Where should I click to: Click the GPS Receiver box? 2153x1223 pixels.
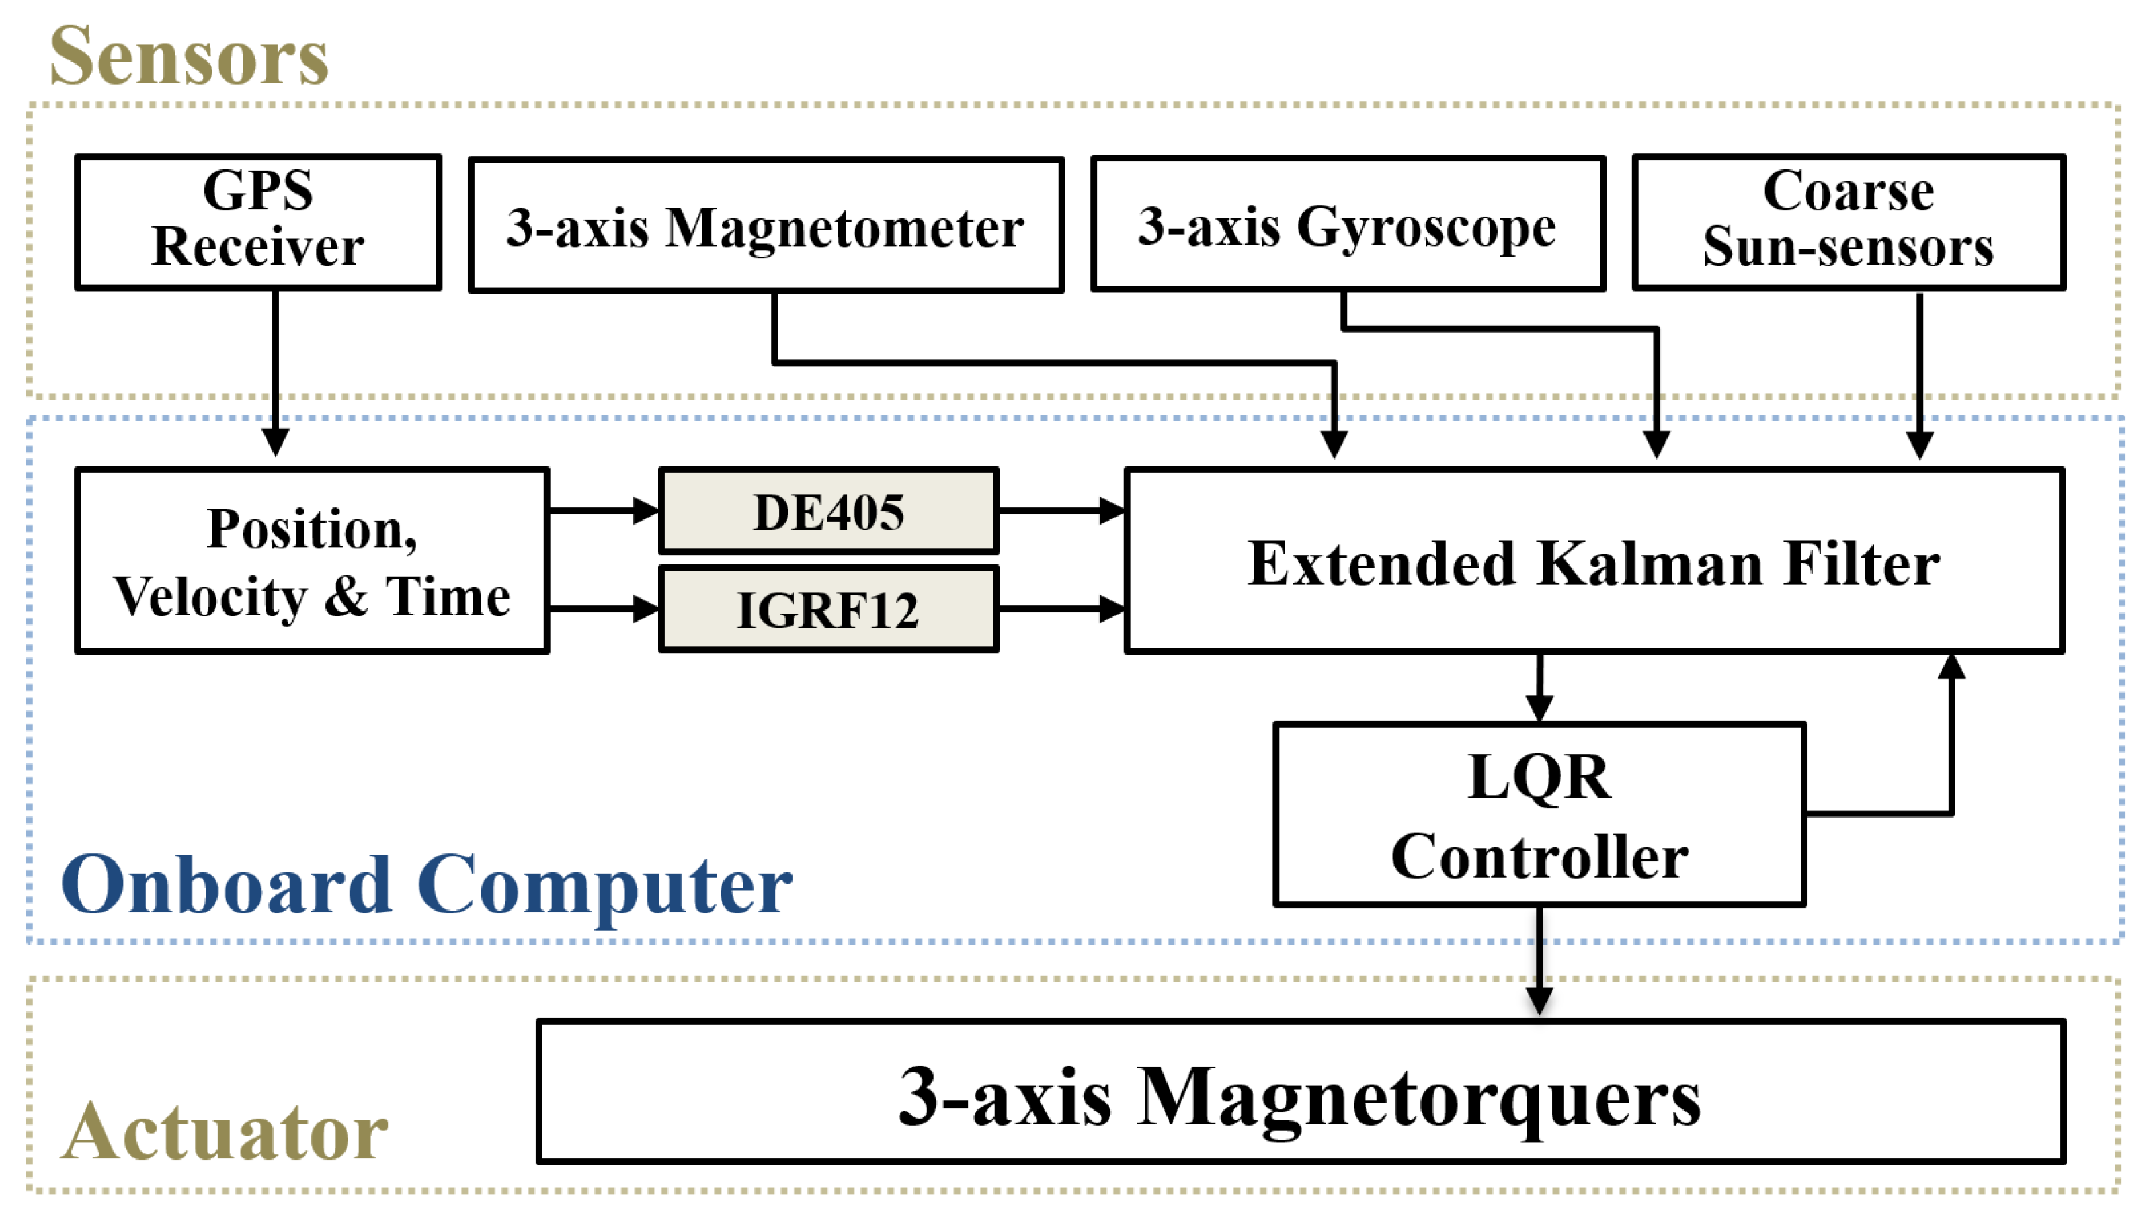258,222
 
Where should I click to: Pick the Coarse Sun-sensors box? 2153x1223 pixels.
1847,222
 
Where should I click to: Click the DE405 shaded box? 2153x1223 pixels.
828,511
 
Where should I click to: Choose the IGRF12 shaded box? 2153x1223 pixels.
828,609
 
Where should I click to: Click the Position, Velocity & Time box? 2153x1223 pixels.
312,560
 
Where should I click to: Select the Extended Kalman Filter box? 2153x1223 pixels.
1594,560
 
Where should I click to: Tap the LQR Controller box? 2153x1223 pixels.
1538,814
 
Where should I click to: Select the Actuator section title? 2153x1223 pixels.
225,1132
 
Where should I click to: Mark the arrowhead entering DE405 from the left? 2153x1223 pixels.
645,510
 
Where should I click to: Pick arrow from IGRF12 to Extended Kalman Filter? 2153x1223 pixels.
1061,608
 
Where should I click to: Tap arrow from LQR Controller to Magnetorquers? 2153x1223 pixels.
1538,962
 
